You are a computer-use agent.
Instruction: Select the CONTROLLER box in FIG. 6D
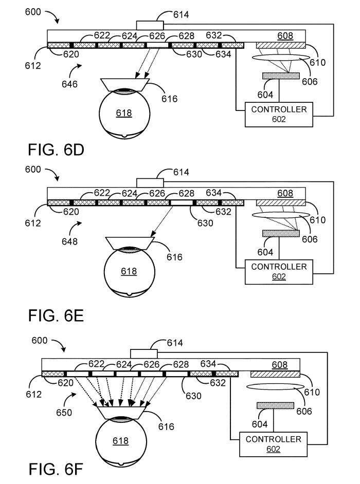pyautogui.click(x=279, y=114)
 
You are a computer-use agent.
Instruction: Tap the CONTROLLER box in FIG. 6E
pyautogui.click(x=279, y=272)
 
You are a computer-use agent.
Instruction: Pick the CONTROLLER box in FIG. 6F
pyautogui.click(x=273, y=444)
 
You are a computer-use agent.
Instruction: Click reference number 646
pyautogui.click(x=68, y=84)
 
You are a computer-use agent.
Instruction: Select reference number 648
pyautogui.click(x=68, y=241)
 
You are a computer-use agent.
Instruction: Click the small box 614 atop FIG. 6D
pyautogui.click(x=150, y=25)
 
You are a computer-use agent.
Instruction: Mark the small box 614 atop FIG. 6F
pyautogui.click(x=143, y=353)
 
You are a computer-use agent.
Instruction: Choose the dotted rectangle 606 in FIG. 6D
pyautogui.click(x=281, y=76)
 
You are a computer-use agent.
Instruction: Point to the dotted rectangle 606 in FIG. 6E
pyautogui.click(x=281, y=233)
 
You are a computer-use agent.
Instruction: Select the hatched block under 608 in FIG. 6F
pyautogui.click(x=276, y=374)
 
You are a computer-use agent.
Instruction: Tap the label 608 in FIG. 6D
pyautogui.click(x=285, y=36)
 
